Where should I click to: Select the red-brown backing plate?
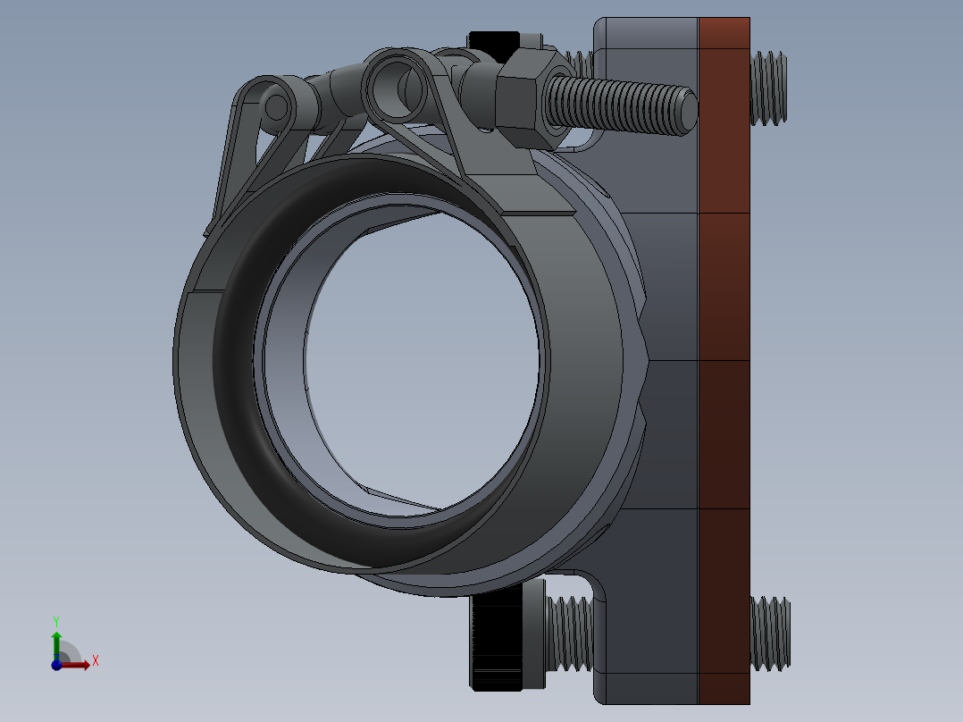pyautogui.click(x=724, y=357)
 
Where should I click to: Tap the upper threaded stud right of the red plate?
pyautogui.click(x=769, y=87)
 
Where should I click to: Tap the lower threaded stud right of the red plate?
pyautogui.click(x=770, y=633)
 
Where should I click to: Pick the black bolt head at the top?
pyautogui.click(x=493, y=42)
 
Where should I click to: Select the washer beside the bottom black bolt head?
pyautogui.click(x=532, y=634)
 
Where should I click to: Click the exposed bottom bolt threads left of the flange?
pyautogui.click(x=568, y=633)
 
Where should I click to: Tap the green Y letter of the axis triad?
pyautogui.click(x=56, y=619)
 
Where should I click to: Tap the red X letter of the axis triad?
pyautogui.click(x=95, y=661)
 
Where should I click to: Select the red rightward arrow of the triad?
pyautogui.click(x=79, y=665)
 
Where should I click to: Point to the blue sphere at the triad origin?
pyautogui.click(x=56, y=665)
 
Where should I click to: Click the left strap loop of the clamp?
pyautogui.click(x=277, y=106)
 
